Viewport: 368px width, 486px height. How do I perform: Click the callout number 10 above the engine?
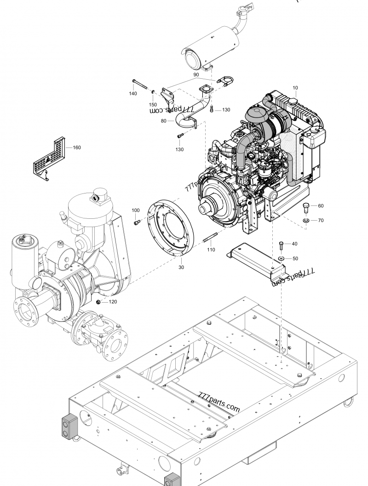click(294, 87)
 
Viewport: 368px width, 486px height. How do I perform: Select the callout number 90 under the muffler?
click(195, 74)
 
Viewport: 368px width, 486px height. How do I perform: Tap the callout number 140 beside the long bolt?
click(133, 94)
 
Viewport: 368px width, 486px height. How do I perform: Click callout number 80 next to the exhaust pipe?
click(164, 121)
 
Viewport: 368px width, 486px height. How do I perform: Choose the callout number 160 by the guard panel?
click(76, 148)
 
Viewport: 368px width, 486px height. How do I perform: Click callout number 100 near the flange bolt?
click(135, 211)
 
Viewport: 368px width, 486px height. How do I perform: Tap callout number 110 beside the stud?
click(211, 250)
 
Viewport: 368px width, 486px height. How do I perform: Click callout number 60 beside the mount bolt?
click(321, 206)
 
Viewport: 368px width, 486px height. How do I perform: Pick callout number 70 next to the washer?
click(321, 221)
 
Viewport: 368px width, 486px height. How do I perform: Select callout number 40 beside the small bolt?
click(294, 244)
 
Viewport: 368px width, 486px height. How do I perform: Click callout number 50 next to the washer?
click(295, 258)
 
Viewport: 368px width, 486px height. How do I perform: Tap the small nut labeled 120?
click(98, 302)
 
